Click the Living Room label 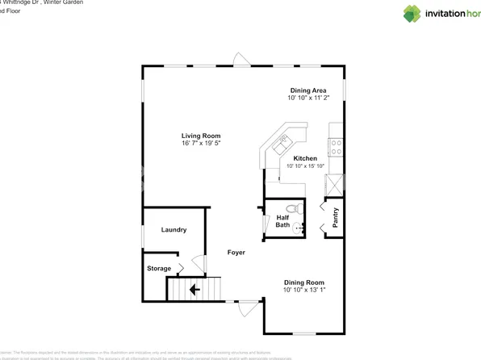[201, 136]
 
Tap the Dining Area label [308, 90]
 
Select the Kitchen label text [305, 158]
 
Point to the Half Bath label [282, 220]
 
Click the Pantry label [336, 218]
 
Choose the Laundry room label [174, 230]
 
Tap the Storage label [159, 268]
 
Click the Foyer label [236, 253]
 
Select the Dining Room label [303, 282]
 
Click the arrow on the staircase [194, 288]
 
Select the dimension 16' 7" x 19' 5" [201, 143]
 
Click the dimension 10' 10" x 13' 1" [303, 290]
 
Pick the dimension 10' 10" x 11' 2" [308, 98]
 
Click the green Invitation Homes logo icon [412, 14]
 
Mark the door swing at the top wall [240, 59]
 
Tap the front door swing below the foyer [248, 308]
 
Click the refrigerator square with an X [334, 183]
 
